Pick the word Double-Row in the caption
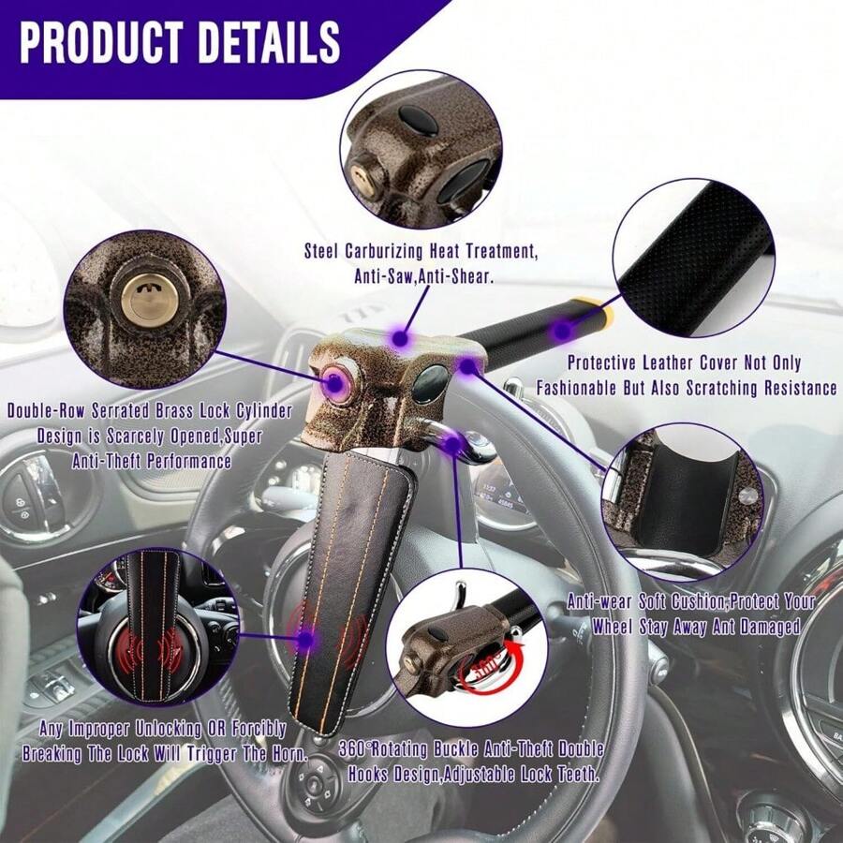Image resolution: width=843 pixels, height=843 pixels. (x=48, y=411)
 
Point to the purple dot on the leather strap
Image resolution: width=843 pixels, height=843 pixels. (x=306, y=641)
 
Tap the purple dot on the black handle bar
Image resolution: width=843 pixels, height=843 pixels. (x=561, y=330)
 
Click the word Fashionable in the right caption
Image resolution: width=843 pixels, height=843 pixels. (x=584, y=388)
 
